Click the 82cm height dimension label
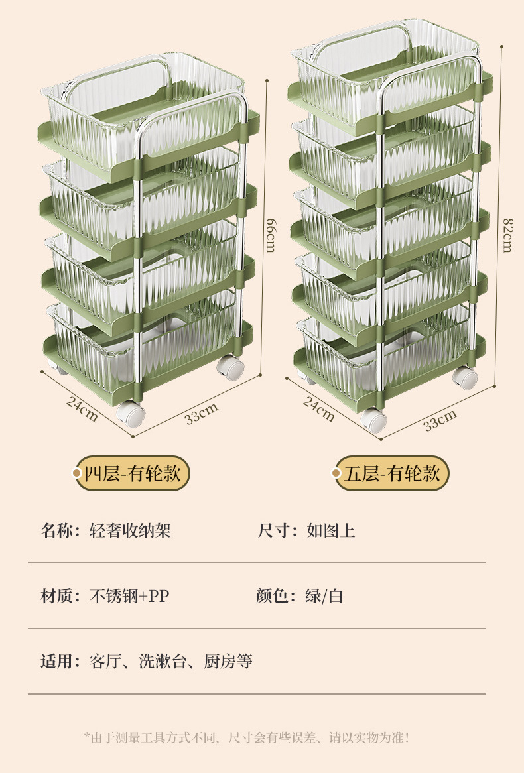point(507,235)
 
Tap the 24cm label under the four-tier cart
point(82,408)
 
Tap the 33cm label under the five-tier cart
point(440,420)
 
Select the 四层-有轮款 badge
point(132,473)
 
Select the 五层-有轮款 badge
point(391,473)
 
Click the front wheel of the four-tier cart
point(131,416)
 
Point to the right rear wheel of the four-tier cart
point(230,367)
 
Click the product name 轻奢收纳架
point(130,530)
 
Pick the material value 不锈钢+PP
point(130,596)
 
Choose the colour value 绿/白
point(324,596)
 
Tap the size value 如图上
point(330,530)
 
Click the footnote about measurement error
point(246,737)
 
